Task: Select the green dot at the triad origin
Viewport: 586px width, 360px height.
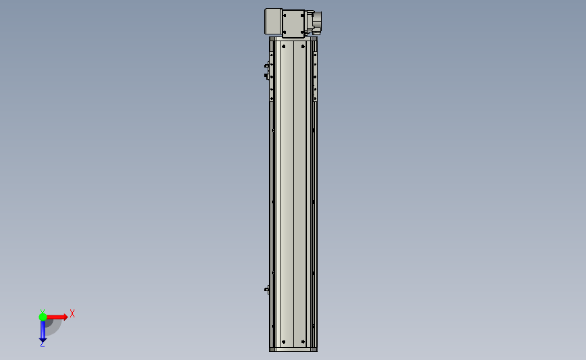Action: pos(43,317)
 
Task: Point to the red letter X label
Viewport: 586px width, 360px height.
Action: pos(72,313)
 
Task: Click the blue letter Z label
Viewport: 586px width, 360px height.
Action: pos(42,344)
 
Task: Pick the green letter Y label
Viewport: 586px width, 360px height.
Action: pos(43,311)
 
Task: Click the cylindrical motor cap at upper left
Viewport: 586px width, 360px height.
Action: pos(273,22)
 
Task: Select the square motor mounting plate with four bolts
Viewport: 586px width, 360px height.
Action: pos(293,24)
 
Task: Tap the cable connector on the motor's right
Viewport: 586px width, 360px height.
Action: pos(314,22)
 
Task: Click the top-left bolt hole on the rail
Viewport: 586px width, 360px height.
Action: pos(284,47)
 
